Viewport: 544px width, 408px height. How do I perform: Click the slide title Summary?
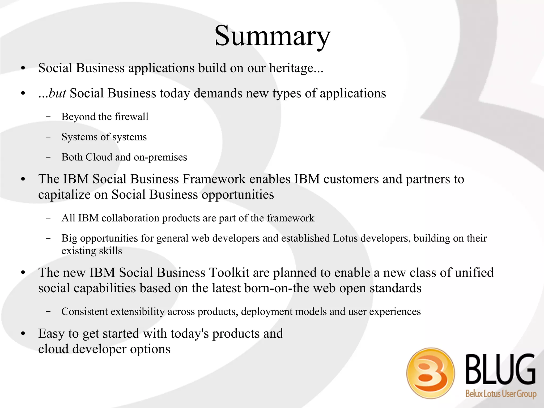[x=272, y=36]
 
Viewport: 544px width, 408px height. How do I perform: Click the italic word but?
[x=57, y=93]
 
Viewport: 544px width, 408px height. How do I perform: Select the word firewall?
[x=131, y=117]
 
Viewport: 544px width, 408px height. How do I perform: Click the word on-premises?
[x=160, y=157]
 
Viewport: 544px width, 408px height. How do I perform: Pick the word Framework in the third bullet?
[x=214, y=179]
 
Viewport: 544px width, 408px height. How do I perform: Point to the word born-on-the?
[x=277, y=288]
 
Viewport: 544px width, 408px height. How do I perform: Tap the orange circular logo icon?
[x=430, y=373]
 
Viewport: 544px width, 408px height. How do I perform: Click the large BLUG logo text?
[x=501, y=370]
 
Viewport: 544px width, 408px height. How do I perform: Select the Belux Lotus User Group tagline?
[x=501, y=394]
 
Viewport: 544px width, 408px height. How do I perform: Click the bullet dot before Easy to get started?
[x=23, y=334]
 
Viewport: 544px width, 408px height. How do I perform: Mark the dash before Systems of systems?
[x=48, y=137]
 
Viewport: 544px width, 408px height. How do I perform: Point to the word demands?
[x=218, y=93]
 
